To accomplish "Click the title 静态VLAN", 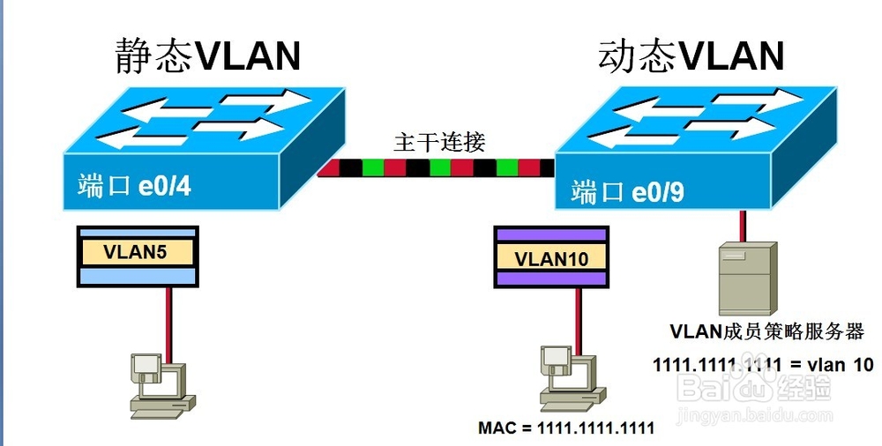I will point(208,56).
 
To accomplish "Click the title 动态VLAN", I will point(691,56).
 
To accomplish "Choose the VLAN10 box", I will point(551,257).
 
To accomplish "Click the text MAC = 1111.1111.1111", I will point(565,429).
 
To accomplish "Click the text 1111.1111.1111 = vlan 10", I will point(762,363).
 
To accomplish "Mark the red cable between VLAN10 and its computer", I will point(578,316).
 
